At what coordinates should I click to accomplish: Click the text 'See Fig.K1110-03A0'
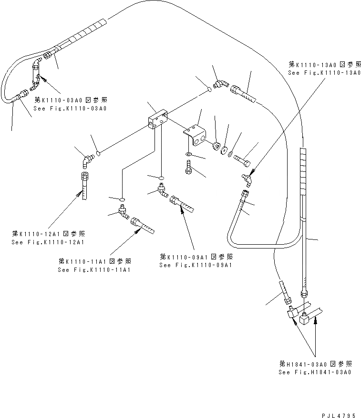click(70, 108)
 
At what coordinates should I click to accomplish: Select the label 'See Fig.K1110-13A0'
click(324, 72)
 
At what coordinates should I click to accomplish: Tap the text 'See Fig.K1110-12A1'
click(48, 242)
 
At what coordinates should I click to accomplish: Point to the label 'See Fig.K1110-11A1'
click(94, 269)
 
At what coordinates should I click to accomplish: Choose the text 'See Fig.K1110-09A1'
click(196, 265)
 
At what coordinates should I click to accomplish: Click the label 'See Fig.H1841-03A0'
click(315, 372)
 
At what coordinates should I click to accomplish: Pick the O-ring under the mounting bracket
click(189, 155)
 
